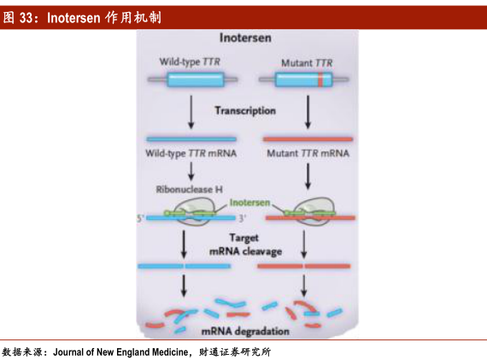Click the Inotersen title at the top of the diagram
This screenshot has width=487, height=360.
coord(245,38)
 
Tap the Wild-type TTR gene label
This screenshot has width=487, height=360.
coord(190,62)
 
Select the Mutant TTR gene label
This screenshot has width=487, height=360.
coord(307,62)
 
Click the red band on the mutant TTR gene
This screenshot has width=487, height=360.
coord(321,80)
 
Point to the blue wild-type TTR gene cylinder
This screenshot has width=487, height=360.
coord(196,80)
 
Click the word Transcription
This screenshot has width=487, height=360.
coord(245,110)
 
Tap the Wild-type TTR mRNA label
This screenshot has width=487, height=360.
coord(191,153)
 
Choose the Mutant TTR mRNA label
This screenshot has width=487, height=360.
coord(308,153)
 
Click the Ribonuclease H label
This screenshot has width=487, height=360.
coord(189,189)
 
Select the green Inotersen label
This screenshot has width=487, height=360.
coord(249,203)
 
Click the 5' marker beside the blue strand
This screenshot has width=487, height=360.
coord(140,218)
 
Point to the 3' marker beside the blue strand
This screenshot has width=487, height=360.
coord(243,218)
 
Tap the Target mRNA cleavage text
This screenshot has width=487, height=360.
coord(246,245)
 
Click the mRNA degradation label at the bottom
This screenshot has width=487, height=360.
coord(245,331)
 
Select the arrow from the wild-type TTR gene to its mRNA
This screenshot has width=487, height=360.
coord(191,112)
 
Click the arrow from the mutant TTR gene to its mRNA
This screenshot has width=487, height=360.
coord(308,112)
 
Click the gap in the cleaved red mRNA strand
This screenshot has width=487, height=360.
coord(304,266)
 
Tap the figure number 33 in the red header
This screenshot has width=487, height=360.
coord(26,18)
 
